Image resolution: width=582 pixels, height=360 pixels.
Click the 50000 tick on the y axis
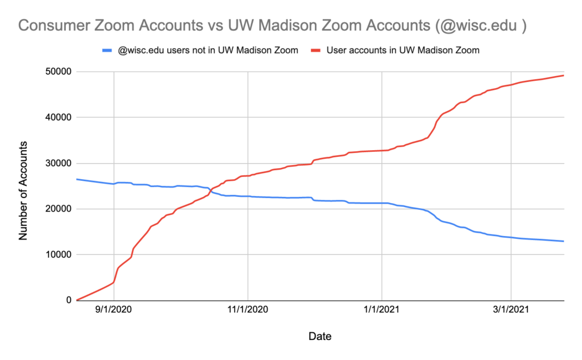coord(56,72)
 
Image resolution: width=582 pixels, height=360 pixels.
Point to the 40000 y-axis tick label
coord(56,117)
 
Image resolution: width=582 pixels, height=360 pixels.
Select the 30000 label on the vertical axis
coord(56,163)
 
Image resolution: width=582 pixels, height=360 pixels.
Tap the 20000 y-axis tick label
coord(56,209)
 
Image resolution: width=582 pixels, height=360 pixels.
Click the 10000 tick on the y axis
coord(56,255)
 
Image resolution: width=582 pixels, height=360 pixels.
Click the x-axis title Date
coord(320,336)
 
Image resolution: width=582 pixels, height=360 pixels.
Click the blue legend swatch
coord(106,51)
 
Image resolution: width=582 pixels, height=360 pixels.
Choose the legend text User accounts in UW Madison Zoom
coord(403,50)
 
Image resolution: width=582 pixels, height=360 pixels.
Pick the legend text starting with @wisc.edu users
coord(207,50)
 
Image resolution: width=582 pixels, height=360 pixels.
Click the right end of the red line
coord(564,75)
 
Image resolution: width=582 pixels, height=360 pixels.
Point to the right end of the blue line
coord(564,241)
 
